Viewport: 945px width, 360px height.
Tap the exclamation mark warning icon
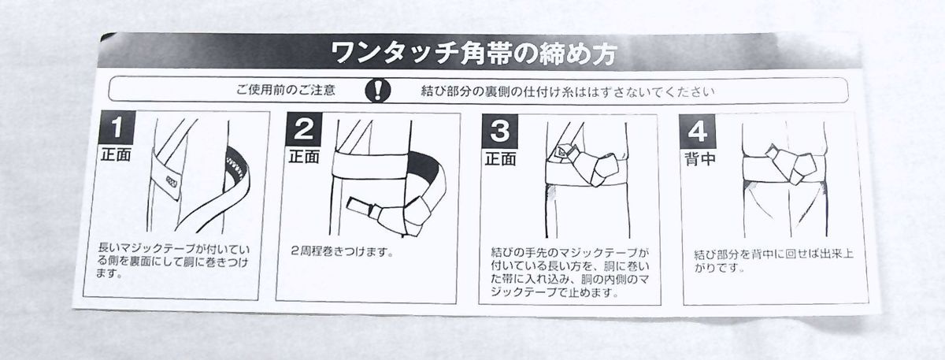pyautogui.click(x=377, y=91)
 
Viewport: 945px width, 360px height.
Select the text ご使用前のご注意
pyautogui.click(x=286, y=90)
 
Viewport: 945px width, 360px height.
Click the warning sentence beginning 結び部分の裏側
pyautogui.click(x=568, y=91)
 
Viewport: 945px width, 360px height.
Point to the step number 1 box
pyautogui.click(x=117, y=128)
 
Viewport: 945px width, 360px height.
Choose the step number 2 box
pyautogui.click(x=304, y=128)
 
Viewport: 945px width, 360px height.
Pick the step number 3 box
pyautogui.click(x=500, y=131)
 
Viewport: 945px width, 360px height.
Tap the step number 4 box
pyautogui.click(x=697, y=132)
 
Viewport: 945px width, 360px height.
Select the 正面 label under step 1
pyautogui.click(x=116, y=154)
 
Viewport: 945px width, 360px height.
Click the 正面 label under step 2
pyautogui.click(x=304, y=157)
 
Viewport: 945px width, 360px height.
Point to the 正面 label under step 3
pyautogui.click(x=501, y=158)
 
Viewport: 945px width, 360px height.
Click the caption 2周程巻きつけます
pyautogui.click(x=342, y=251)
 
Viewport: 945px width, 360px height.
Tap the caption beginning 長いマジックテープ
pyautogui.click(x=173, y=261)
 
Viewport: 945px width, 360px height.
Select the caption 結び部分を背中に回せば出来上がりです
pyautogui.click(x=773, y=261)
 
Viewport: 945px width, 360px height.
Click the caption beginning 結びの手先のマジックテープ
pyautogui.click(x=570, y=273)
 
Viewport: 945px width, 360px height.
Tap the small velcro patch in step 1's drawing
pyautogui.click(x=172, y=181)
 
